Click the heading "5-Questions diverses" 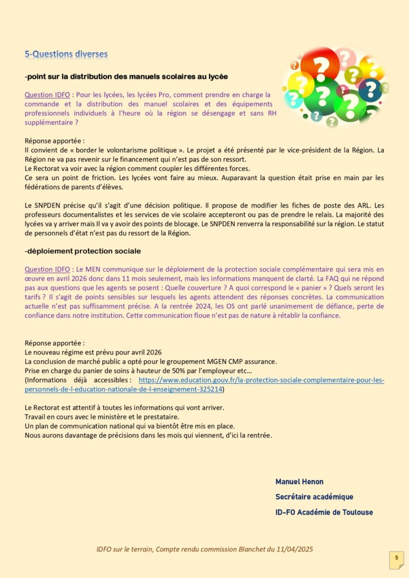point(66,54)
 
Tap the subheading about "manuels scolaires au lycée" point(127,76)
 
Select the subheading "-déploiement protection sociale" point(82,251)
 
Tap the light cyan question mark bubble point(294,99)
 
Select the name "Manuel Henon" point(299,481)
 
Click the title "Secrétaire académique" point(314,497)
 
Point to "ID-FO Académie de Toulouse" point(324,512)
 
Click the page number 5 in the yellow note point(397,558)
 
